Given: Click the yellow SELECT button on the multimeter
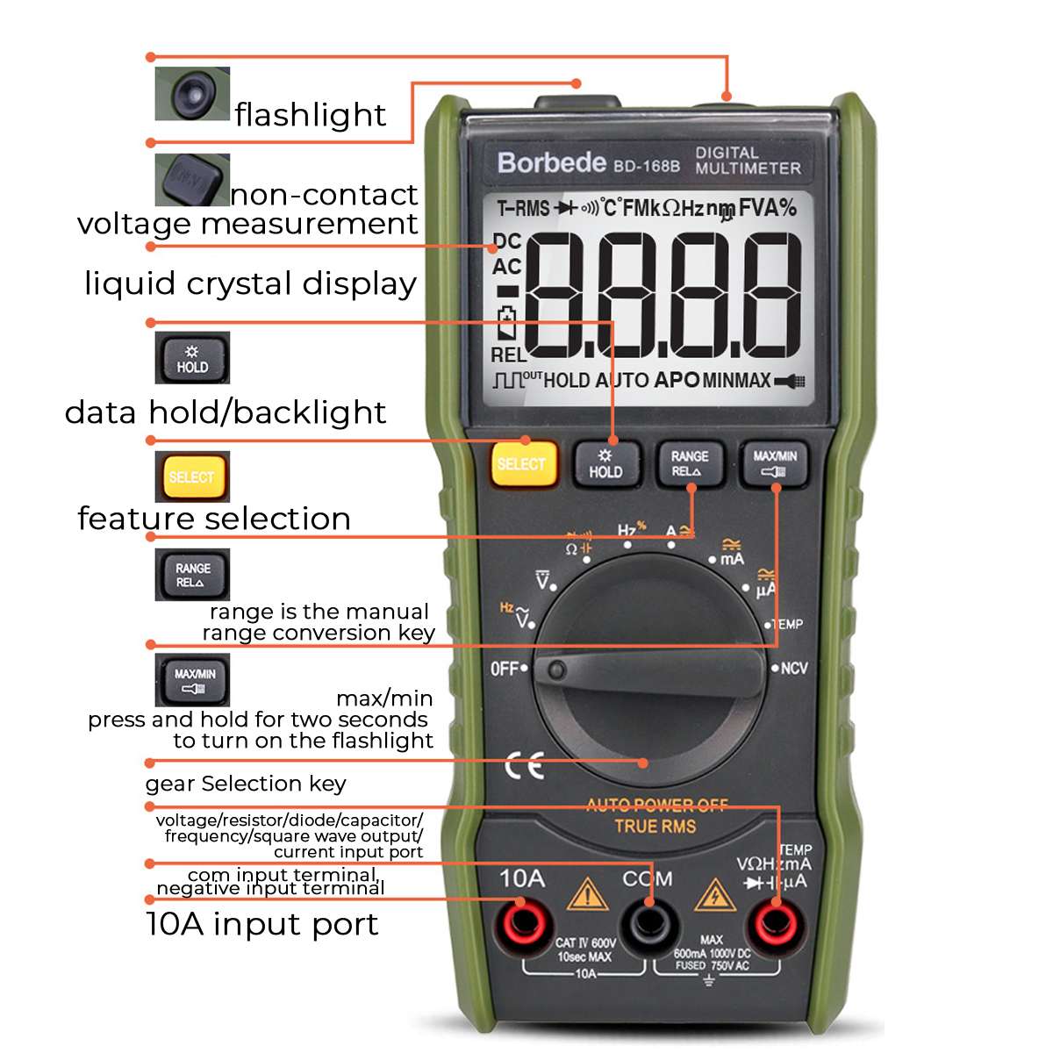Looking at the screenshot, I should click(x=523, y=463).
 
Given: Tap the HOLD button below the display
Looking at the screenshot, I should click(x=605, y=463).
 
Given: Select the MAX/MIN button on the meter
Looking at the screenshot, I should click(x=775, y=463).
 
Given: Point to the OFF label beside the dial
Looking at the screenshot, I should click(x=505, y=669).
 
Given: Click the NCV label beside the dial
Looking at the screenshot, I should click(x=792, y=669).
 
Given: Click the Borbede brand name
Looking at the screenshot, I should click(x=552, y=162).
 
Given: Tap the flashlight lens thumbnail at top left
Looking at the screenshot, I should click(x=192, y=93).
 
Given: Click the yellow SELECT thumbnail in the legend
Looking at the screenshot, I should click(x=191, y=476).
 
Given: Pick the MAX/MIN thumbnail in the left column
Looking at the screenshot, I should click(x=192, y=679).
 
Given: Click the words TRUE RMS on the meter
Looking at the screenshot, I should click(x=655, y=826).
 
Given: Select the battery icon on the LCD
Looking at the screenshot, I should click(x=507, y=323).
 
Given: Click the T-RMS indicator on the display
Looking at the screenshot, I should click(x=523, y=209).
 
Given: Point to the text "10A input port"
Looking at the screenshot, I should click(x=261, y=924).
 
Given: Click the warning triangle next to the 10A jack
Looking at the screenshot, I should click(x=586, y=895).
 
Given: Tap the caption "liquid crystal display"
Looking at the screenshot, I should click(x=250, y=283).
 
